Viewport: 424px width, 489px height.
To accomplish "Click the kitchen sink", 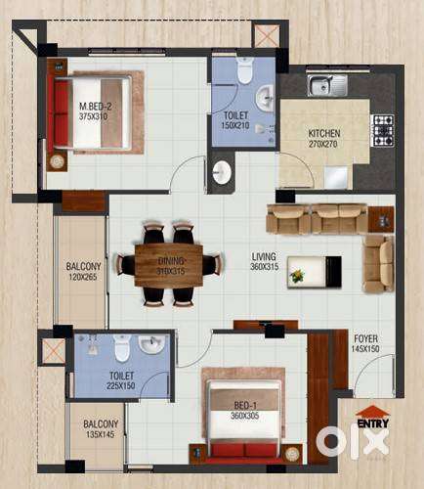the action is [x=327, y=85].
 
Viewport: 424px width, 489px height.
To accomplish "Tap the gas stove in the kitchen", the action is [x=384, y=130].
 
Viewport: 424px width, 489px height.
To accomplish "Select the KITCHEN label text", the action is [x=324, y=133].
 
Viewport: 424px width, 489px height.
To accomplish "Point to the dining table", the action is [x=169, y=265].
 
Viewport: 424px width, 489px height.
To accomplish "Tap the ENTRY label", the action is [x=373, y=423].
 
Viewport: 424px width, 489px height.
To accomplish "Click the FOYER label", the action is [x=366, y=338].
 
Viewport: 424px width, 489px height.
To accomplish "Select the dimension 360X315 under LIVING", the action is [x=265, y=267].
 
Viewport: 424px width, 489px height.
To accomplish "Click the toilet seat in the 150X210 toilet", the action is [x=244, y=71].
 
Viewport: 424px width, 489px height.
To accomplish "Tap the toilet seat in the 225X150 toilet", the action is [x=123, y=348].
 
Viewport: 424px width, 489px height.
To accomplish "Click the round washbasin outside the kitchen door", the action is [x=222, y=172].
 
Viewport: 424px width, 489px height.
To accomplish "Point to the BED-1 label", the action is [x=245, y=406].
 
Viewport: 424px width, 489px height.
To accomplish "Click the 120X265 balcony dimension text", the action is [x=83, y=277].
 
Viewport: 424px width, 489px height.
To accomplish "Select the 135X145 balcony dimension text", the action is [x=101, y=434].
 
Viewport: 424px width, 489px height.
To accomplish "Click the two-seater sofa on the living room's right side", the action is [x=378, y=264].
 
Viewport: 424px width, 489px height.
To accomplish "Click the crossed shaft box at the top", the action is [x=267, y=36].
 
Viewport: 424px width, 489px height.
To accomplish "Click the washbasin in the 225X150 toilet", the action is [x=151, y=344].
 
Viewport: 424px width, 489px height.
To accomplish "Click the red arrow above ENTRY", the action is [x=372, y=412].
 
